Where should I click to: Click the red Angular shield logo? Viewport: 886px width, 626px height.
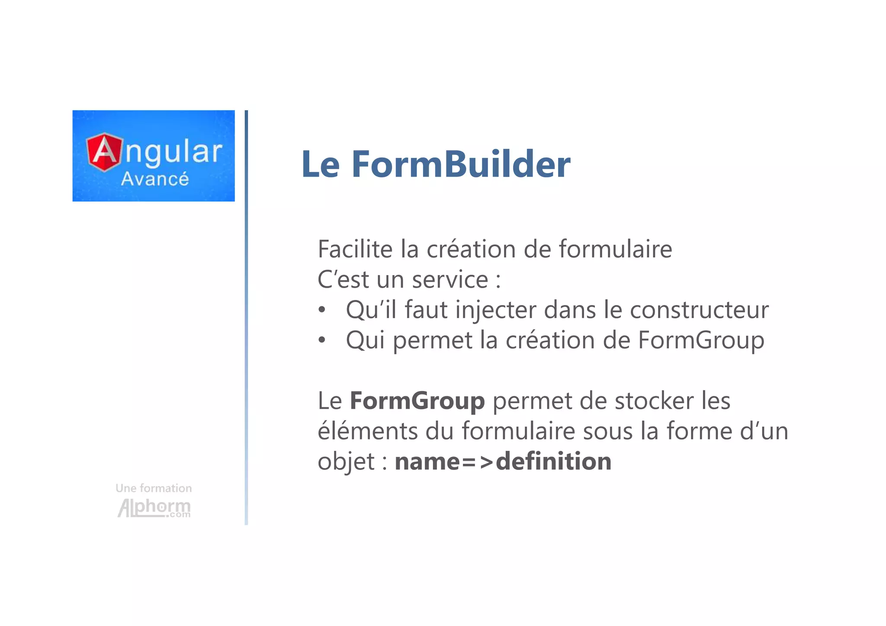[x=104, y=152]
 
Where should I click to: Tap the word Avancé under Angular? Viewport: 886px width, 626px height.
[x=155, y=179]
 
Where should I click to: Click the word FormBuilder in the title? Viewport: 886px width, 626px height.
[x=461, y=164]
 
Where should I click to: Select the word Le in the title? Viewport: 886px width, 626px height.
[x=320, y=164]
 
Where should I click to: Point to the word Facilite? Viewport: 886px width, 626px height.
[x=355, y=249]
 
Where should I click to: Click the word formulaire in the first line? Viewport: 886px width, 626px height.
[x=615, y=249]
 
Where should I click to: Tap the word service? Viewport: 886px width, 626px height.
[x=450, y=279]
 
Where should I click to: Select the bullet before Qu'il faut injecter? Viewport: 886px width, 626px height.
[x=321, y=310]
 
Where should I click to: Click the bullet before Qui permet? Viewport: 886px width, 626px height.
[x=321, y=340]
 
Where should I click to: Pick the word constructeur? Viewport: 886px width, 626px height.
[x=699, y=310]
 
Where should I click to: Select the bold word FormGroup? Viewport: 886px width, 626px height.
[x=417, y=401]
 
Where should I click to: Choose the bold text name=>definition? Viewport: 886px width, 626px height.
[x=503, y=461]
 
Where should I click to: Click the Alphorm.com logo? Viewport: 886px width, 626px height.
[x=154, y=507]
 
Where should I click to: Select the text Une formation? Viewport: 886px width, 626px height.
[x=154, y=488]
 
